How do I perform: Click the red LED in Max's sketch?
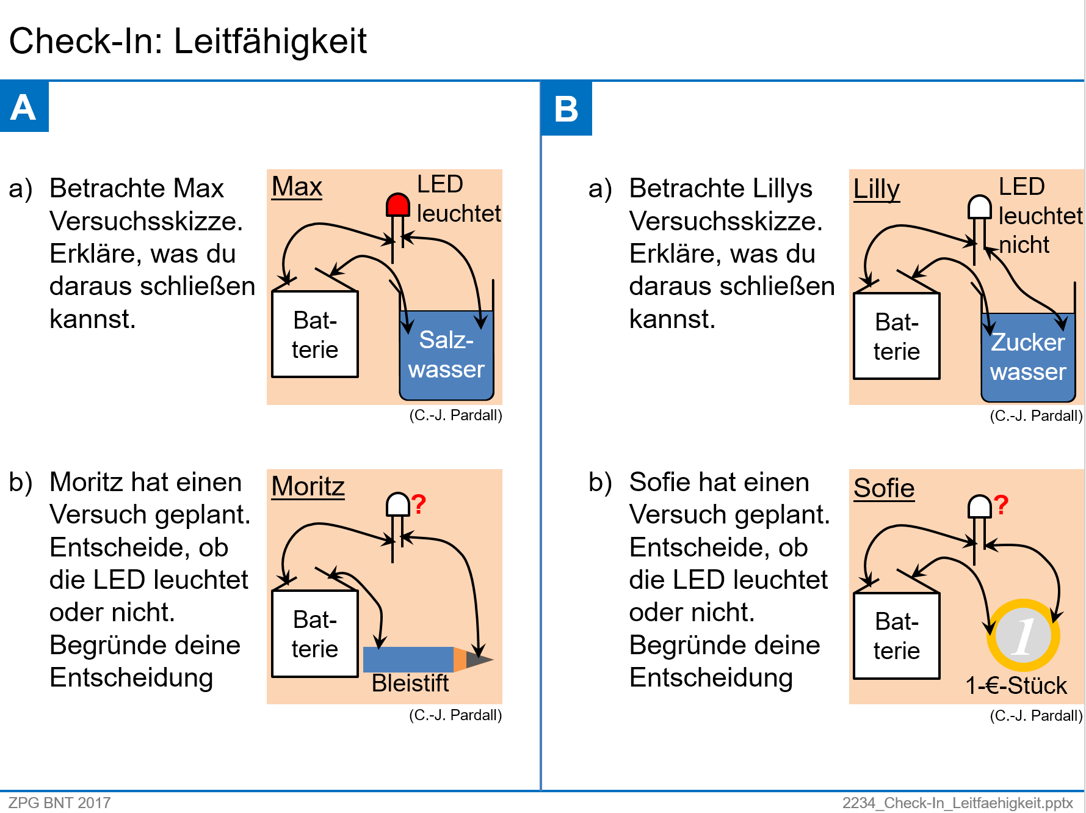tap(397, 205)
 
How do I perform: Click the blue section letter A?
tap(24, 107)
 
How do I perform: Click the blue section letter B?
tap(566, 109)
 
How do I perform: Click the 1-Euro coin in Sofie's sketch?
tap(1024, 635)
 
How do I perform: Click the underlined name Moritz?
tap(308, 487)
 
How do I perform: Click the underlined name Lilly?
tap(876, 189)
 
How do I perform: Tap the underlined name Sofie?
tap(883, 489)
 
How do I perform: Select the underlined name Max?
tap(297, 187)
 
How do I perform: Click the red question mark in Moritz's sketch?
tap(418, 505)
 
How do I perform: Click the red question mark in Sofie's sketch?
tap(1001, 506)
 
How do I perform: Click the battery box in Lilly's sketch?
tap(896, 337)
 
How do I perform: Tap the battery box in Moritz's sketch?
tap(314, 634)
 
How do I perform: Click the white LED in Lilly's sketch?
tap(979, 208)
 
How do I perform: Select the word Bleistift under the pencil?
tap(410, 683)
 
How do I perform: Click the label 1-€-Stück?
tap(1016, 685)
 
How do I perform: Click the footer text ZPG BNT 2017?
tap(59, 803)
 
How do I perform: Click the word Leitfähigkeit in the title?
tap(270, 42)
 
